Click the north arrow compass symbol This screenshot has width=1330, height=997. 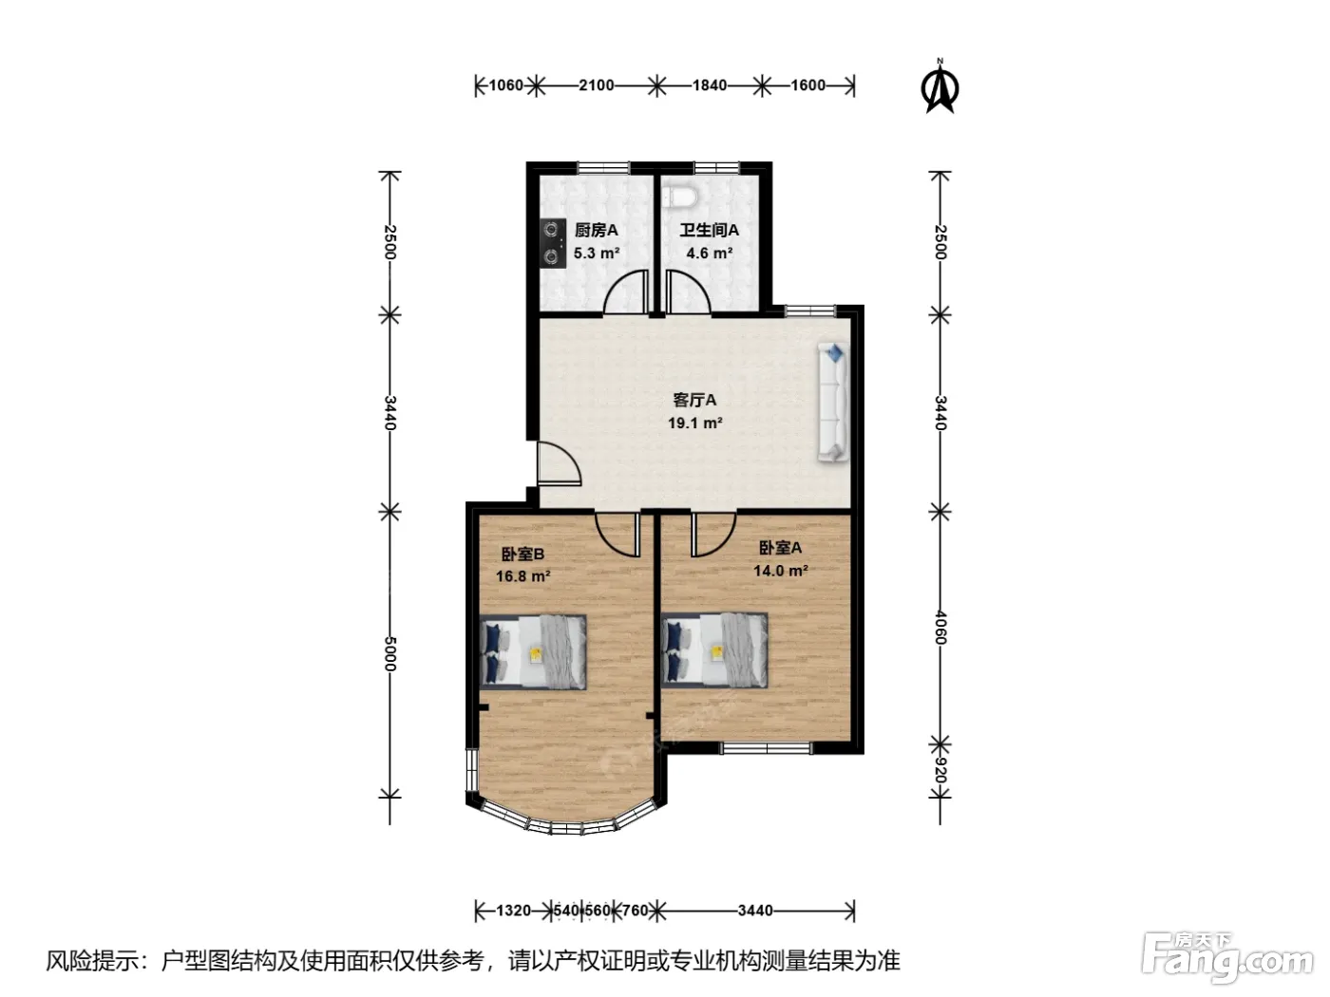coord(940,86)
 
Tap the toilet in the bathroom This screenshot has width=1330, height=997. coord(680,197)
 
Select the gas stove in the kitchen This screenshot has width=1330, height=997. coord(553,243)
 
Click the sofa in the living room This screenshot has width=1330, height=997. coord(833,403)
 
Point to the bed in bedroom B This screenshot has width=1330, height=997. coord(533,652)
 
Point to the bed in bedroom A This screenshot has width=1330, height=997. coord(714,650)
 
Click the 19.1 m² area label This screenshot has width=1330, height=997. coord(694,423)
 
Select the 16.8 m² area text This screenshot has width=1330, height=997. coord(522,575)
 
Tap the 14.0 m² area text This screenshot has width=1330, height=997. coord(781,571)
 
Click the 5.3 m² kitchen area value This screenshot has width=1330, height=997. coord(597,253)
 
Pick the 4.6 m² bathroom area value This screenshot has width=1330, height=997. coord(709,253)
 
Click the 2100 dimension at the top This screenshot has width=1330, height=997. coord(597,85)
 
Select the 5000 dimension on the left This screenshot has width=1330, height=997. coord(389,654)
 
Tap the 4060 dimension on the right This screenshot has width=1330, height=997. coord(940,628)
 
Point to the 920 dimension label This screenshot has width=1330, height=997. coord(940,769)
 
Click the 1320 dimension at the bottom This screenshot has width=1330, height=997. coord(513,911)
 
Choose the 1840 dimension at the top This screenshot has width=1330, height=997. coord(710,85)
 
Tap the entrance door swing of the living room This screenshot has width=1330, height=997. coord(560,464)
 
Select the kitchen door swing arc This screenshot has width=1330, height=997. coord(625,292)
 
